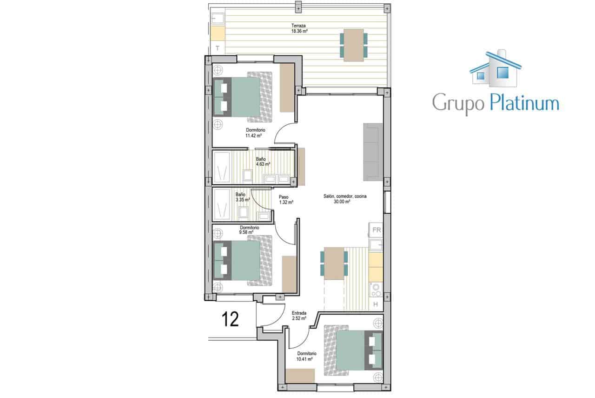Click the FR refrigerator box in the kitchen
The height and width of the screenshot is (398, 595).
376,230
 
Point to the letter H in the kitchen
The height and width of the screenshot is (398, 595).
376,305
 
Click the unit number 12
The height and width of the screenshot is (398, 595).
230,319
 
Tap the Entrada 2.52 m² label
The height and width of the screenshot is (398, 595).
299,316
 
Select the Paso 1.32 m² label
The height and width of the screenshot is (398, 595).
286,200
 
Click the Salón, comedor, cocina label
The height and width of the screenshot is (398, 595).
345,199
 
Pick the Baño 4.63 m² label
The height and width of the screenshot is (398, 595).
261,162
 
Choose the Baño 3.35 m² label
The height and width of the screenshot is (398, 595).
241,197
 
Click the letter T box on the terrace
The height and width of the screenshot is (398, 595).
218,47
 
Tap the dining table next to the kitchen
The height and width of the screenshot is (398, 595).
334,263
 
